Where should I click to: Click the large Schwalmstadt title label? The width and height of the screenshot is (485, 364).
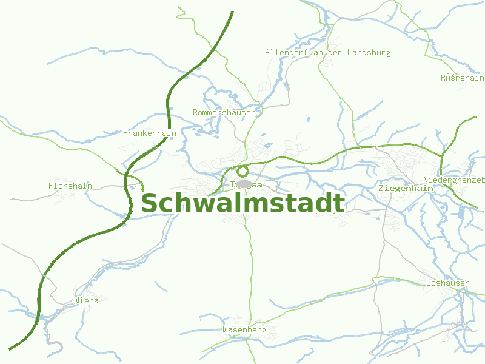(242, 204)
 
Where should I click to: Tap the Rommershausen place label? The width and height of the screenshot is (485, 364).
(224, 113)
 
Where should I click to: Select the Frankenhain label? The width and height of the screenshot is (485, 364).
(149, 133)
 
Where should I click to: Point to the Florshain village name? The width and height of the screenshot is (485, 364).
(70, 186)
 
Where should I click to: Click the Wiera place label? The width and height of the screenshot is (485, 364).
(85, 300)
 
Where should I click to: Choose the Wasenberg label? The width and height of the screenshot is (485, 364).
(244, 330)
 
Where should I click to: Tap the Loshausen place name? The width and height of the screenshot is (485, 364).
(447, 283)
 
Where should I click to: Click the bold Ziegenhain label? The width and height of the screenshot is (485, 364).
(405, 189)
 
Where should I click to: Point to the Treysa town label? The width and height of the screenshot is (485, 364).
(246, 185)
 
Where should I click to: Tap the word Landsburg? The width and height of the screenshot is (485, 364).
(369, 53)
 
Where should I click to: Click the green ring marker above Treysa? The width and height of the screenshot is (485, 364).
(242, 171)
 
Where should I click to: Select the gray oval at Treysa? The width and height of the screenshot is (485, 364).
(244, 183)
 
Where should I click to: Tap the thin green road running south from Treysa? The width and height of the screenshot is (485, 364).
(250, 261)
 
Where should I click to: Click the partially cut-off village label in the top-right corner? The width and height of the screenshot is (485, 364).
(462, 78)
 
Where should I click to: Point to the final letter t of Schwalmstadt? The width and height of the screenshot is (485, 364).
(340, 204)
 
